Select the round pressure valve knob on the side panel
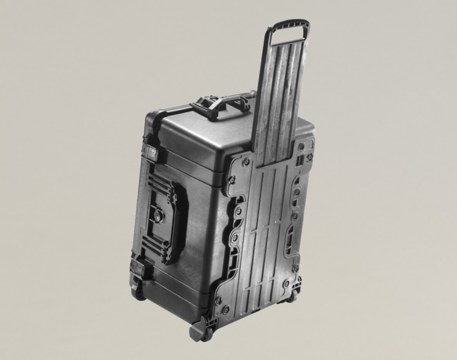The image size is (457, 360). point(158,216)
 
